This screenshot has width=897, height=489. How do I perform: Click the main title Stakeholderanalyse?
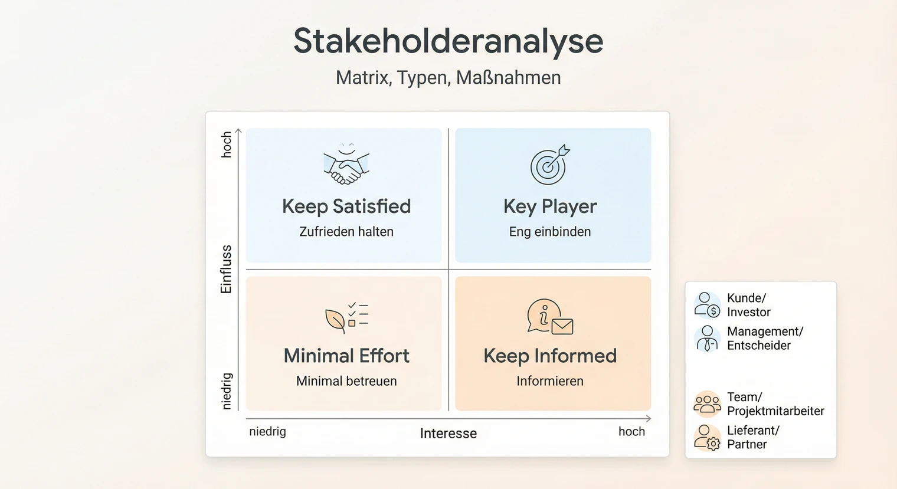(448, 41)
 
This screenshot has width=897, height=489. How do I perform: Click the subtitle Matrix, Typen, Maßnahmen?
(448, 77)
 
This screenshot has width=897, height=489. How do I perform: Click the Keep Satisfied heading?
(346, 206)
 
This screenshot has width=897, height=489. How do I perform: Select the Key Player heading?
(550, 206)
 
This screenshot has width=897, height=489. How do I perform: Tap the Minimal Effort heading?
(346, 356)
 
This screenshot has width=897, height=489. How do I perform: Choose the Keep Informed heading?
(550, 356)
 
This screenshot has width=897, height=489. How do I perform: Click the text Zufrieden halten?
(346, 232)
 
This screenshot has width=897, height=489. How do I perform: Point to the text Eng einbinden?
(550, 232)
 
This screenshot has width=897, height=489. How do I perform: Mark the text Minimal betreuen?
(346, 381)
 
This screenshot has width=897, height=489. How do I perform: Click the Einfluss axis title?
(226, 269)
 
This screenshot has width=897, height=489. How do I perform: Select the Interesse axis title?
(448, 434)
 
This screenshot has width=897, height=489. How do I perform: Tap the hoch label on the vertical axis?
(226, 145)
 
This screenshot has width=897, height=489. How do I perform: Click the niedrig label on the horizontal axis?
(267, 431)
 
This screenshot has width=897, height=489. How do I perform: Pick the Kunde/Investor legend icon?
(707, 304)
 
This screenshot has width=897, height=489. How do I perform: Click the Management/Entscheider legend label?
(765, 339)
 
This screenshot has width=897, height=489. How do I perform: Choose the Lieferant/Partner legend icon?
(707, 438)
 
